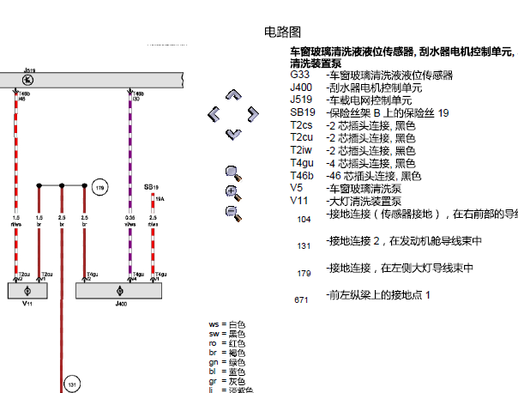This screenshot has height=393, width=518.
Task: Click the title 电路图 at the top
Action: [x=283, y=32]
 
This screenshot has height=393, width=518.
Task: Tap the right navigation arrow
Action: [x=251, y=114]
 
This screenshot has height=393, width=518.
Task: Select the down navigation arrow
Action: [x=232, y=133]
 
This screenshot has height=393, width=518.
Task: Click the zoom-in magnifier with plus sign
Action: [x=232, y=191]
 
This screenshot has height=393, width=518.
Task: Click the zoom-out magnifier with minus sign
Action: [x=232, y=212]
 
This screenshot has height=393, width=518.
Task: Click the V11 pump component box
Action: [x=27, y=291]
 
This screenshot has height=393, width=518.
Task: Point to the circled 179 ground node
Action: [x=99, y=187]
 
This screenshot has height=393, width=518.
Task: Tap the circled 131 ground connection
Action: [x=72, y=384]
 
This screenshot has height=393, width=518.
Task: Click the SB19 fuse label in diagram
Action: [x=151, y=186]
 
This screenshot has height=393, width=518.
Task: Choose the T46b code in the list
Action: [x=303, y=175]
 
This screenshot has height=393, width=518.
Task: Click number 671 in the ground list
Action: [x=301, y=300]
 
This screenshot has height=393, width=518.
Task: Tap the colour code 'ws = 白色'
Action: [x=226, y=324]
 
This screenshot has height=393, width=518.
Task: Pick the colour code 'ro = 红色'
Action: [x=226, y=343]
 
